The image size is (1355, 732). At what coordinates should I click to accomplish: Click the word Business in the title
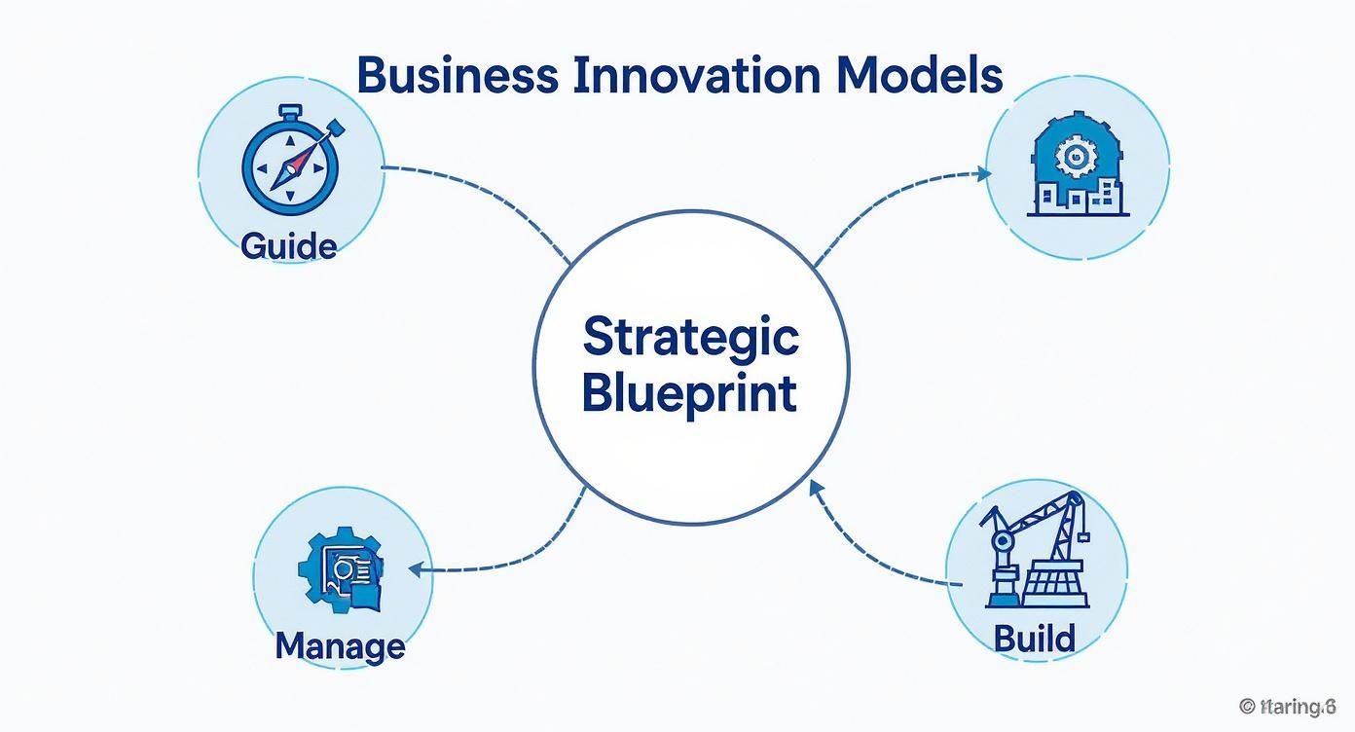tap(458, 76)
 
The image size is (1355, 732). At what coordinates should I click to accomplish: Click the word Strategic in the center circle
tap(690, 338)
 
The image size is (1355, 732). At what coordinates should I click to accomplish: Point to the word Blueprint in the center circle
tap(689, 394)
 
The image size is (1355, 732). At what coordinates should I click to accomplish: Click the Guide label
tap(288, 245)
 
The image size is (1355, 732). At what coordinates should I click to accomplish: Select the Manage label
tap(340, 645)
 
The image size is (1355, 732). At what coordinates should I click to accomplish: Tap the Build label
tap(1035, 639)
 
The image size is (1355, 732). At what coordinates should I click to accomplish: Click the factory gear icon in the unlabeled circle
tap(1075, 156)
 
